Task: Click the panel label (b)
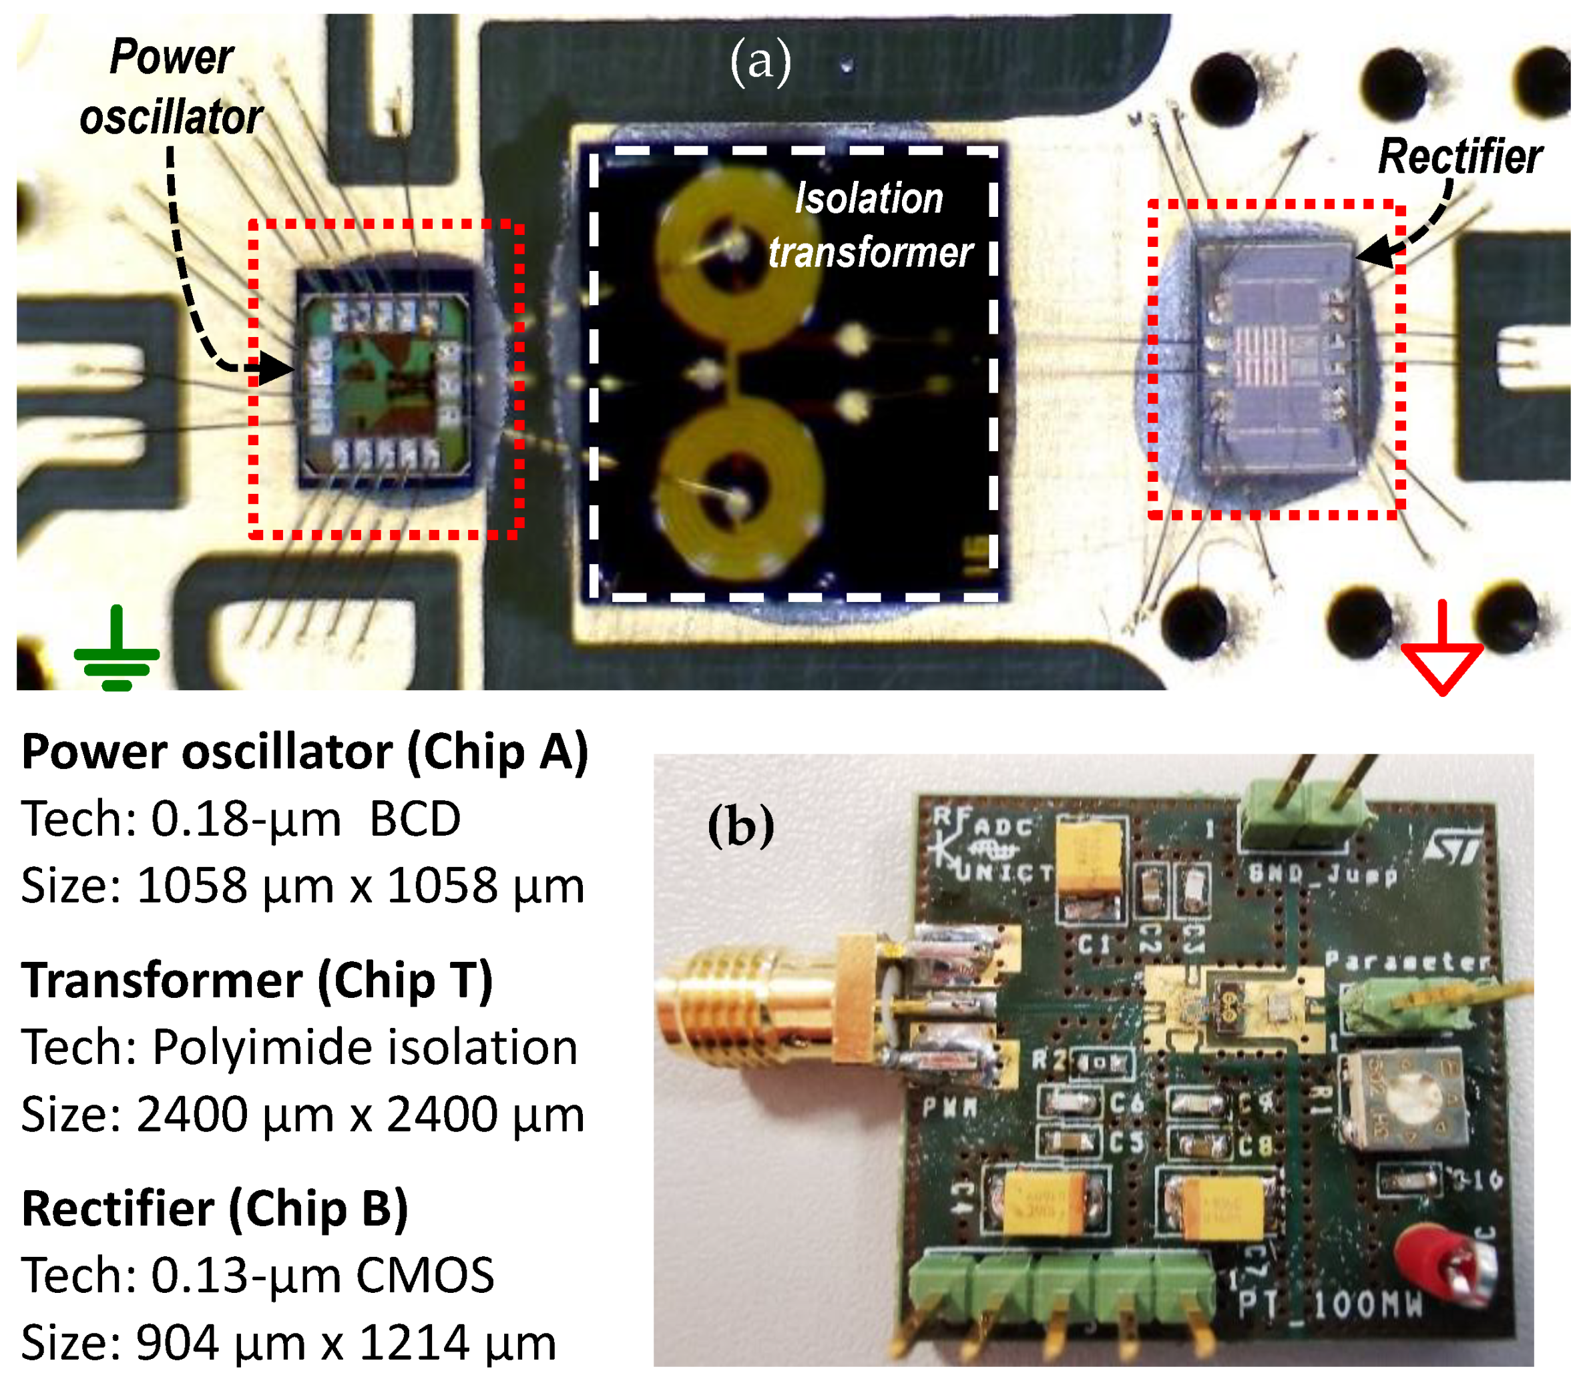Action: pos(740,826)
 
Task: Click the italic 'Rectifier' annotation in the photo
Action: pos(1459,157)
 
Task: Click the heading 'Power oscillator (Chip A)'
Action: pos(305,752)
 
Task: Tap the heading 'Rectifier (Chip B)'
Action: pos(214,1209)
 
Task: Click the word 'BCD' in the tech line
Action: pos(415,819)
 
